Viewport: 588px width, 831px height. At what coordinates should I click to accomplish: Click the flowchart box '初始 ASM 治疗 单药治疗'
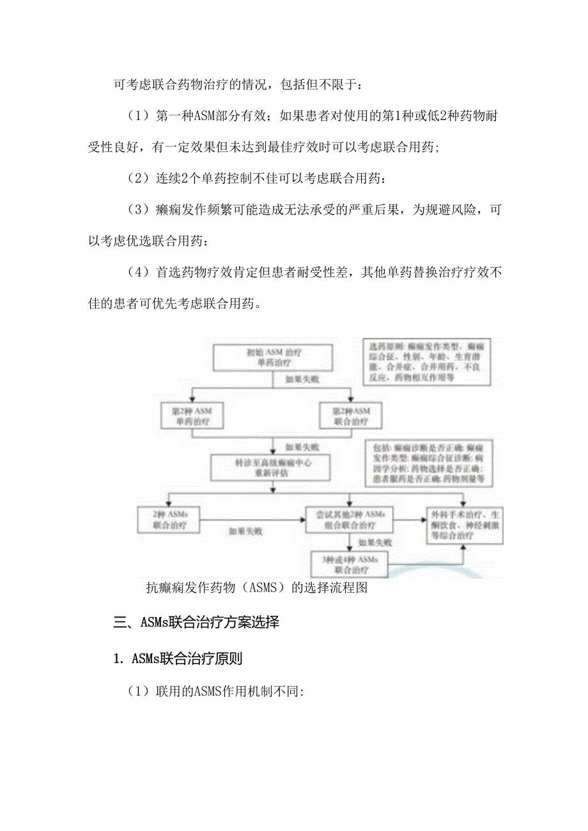click(273, 358)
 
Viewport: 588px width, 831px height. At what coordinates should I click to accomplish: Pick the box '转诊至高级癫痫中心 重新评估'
click(273, 468)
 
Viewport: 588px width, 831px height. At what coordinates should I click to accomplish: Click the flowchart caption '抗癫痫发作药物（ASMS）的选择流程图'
click(256, 588)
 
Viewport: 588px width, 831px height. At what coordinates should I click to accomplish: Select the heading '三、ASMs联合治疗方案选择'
click(196, 623)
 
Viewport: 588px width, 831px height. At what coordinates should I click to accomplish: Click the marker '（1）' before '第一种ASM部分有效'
click(138, 116)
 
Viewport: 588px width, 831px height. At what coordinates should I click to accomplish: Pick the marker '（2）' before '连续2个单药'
click(138, 179)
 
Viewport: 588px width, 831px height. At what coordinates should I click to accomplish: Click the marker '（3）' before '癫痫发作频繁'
click(138, 210)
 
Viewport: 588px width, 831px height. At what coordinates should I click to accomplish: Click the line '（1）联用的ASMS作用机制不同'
click(217, 692)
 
